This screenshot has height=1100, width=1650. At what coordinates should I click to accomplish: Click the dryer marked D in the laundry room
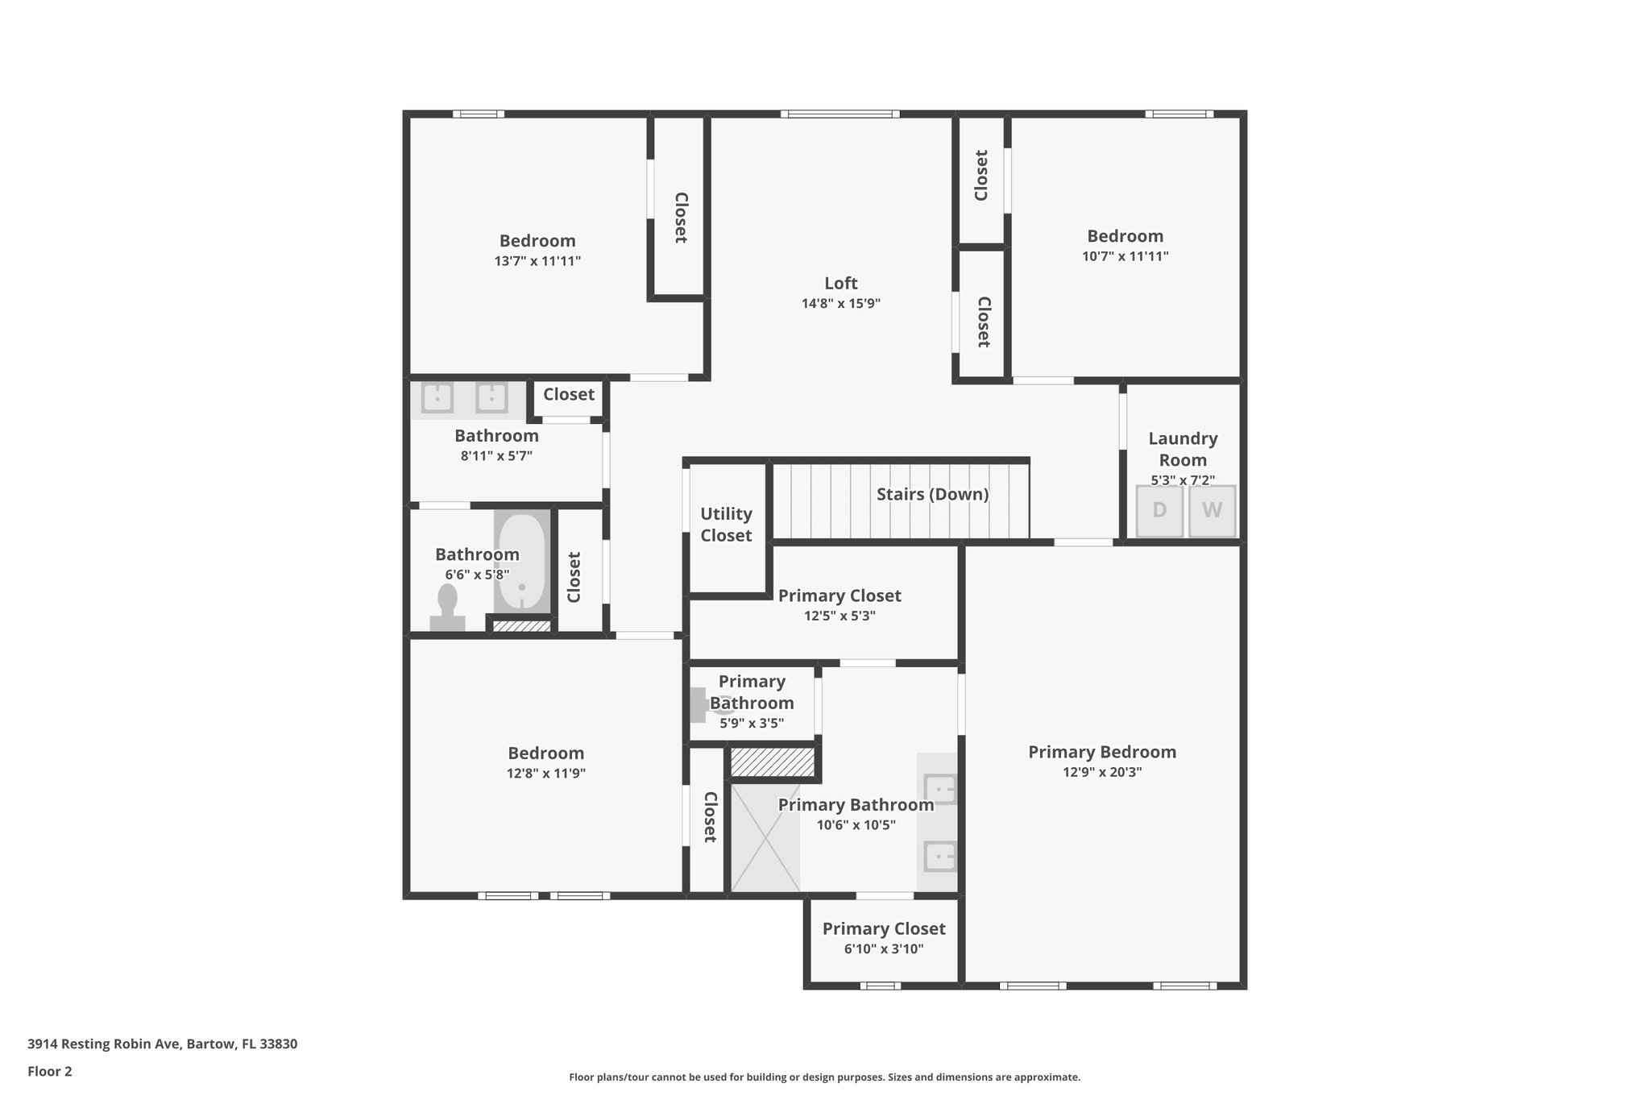1159,510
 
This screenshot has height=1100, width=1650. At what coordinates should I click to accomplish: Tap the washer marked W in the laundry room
1212,510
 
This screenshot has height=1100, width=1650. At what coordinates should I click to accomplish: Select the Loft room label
840,284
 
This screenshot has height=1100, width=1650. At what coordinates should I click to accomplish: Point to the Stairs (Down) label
932,494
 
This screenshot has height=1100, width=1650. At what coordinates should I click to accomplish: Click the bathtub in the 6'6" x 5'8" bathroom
521,562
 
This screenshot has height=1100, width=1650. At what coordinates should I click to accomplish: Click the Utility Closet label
726,525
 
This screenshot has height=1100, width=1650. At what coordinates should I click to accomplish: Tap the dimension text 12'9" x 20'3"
1101,772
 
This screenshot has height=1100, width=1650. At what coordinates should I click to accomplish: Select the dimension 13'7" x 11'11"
537,261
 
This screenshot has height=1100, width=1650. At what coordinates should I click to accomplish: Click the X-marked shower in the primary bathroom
765,838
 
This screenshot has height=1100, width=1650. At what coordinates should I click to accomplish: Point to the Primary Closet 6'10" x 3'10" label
884,929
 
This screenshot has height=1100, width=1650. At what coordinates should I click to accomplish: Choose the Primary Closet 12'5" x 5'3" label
840,596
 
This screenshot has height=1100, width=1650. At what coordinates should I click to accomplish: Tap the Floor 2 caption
50,1071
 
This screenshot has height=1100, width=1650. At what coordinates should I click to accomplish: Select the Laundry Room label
1183,449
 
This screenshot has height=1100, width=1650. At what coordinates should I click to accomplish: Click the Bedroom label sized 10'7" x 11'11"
1125,236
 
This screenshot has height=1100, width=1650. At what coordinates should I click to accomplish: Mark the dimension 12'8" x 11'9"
545,773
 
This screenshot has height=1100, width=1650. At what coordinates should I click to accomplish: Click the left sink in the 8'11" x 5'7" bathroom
437,397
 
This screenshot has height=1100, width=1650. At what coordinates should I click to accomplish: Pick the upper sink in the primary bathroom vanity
939,788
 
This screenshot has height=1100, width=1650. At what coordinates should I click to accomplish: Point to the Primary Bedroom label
1101,752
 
